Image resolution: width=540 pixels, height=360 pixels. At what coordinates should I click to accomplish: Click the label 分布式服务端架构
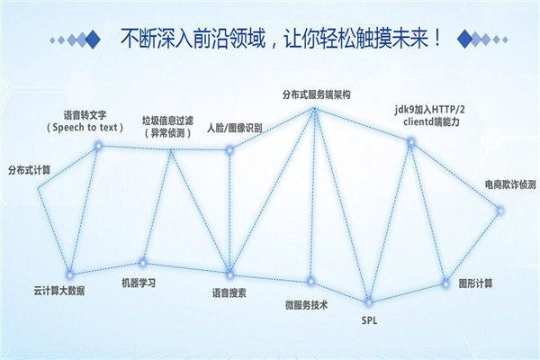[316, 94]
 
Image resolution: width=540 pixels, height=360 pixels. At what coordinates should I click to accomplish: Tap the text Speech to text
[85, 128]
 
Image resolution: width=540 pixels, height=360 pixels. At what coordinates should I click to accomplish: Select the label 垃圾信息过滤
[167, 121]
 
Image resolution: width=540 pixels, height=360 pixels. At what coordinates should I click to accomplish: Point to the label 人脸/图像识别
[235, 128]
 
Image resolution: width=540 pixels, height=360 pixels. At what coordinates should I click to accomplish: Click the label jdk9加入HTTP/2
[430, 110]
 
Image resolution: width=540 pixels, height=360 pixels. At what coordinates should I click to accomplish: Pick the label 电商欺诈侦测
[510, 184]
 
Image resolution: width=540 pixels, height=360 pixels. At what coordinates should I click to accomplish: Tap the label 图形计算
[475, 283]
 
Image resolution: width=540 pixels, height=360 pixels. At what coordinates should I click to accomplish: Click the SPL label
[369, 320]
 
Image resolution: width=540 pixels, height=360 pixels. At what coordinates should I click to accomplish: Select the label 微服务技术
[306, 305]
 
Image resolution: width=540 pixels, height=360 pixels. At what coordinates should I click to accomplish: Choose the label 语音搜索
[229, 293]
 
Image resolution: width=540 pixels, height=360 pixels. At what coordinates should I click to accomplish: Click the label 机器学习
[139, 283]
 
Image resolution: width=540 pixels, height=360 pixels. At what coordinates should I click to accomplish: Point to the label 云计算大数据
[59, 291]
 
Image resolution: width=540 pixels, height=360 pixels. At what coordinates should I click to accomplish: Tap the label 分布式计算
[30, 170]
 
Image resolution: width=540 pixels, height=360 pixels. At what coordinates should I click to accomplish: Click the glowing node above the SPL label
[368, 302]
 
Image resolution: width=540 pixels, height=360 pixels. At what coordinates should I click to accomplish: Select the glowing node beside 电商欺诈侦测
[500, 211]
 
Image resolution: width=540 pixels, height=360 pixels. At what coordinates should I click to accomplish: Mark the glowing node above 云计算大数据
[70, 274]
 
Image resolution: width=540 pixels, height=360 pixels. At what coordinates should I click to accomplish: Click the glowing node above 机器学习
[142, 263]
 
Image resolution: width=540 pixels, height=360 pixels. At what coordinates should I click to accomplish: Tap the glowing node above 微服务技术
[310, 281]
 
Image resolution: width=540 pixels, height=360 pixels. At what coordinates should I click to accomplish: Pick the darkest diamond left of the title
[93, 40]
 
